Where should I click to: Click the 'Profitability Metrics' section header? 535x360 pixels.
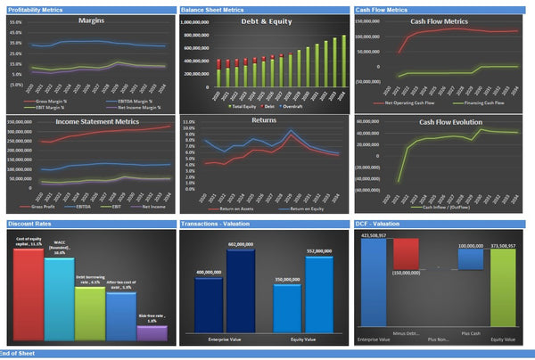34,8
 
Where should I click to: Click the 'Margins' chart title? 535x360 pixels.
90,20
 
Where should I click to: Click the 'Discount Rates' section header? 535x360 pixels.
28,224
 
